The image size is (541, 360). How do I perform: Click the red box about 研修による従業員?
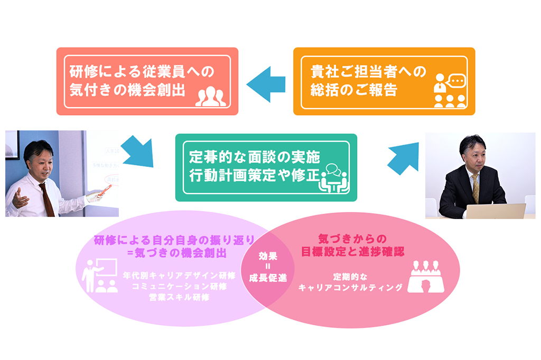pos(147,81)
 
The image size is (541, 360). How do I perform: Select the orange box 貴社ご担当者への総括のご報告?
pos(384,81)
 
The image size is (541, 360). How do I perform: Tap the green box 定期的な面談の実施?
pos(266,167)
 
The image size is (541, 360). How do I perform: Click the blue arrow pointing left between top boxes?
pos(266,84)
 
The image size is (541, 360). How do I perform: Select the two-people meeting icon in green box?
pos(334,178)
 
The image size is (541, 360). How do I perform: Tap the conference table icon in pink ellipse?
pos(426,277)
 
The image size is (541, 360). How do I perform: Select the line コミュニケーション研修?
pos(180,287)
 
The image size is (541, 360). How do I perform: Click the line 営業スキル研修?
pos(180,298)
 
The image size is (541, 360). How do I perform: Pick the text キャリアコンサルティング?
pos(350,288)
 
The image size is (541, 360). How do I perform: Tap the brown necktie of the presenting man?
pos(47,200)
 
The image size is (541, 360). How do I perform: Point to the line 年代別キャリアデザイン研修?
pos(180,276)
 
